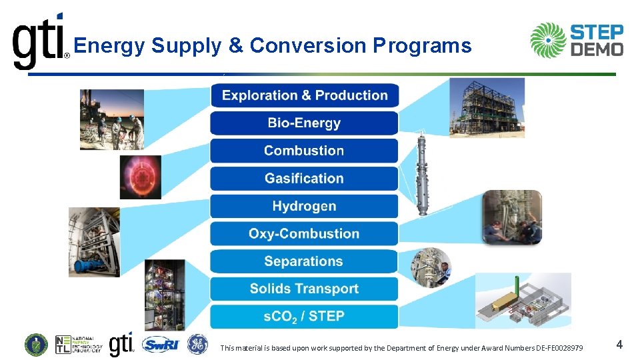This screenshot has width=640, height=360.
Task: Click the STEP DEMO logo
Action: pyautogui.click(x=577, y=41)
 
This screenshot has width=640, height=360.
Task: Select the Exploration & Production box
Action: pyautogui.click(x=305, y=95)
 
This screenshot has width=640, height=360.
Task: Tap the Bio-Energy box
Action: pyautogui.click(x=305, y=123)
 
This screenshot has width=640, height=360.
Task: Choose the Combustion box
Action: pyautogui.click(x=305, y=151)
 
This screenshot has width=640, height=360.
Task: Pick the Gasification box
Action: pyautogui.click(x=305, y=179)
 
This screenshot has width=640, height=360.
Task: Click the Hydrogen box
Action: pyautogui.click(x=305, y=206)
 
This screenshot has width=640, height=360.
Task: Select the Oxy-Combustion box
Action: pyautogui.click(x=305, y=234)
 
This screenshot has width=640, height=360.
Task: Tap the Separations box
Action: pyautogui.click(x=305, y=261)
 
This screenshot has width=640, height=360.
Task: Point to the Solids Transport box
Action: pyautogui.click(x=305, y=289)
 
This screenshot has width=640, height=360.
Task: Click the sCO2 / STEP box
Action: pyautogui.click(x=305, y=316)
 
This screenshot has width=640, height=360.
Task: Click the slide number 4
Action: pyautogui.click(x=619, y=345)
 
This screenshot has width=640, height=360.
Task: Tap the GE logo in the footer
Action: pyautogui.click(x=197, y=344)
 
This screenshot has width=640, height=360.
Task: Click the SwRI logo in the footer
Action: pyautogui.click(x=161, y=345)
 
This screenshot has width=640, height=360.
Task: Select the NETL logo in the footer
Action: pyautogui.click(x=79, y=345)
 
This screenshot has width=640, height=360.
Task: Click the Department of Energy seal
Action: pyautogui.click(x=36, y=345)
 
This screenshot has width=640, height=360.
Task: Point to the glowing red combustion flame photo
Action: pyautogui.click(x=141, y=177)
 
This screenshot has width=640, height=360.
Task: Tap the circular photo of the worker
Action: pyautogui.click(x=431, y=267)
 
